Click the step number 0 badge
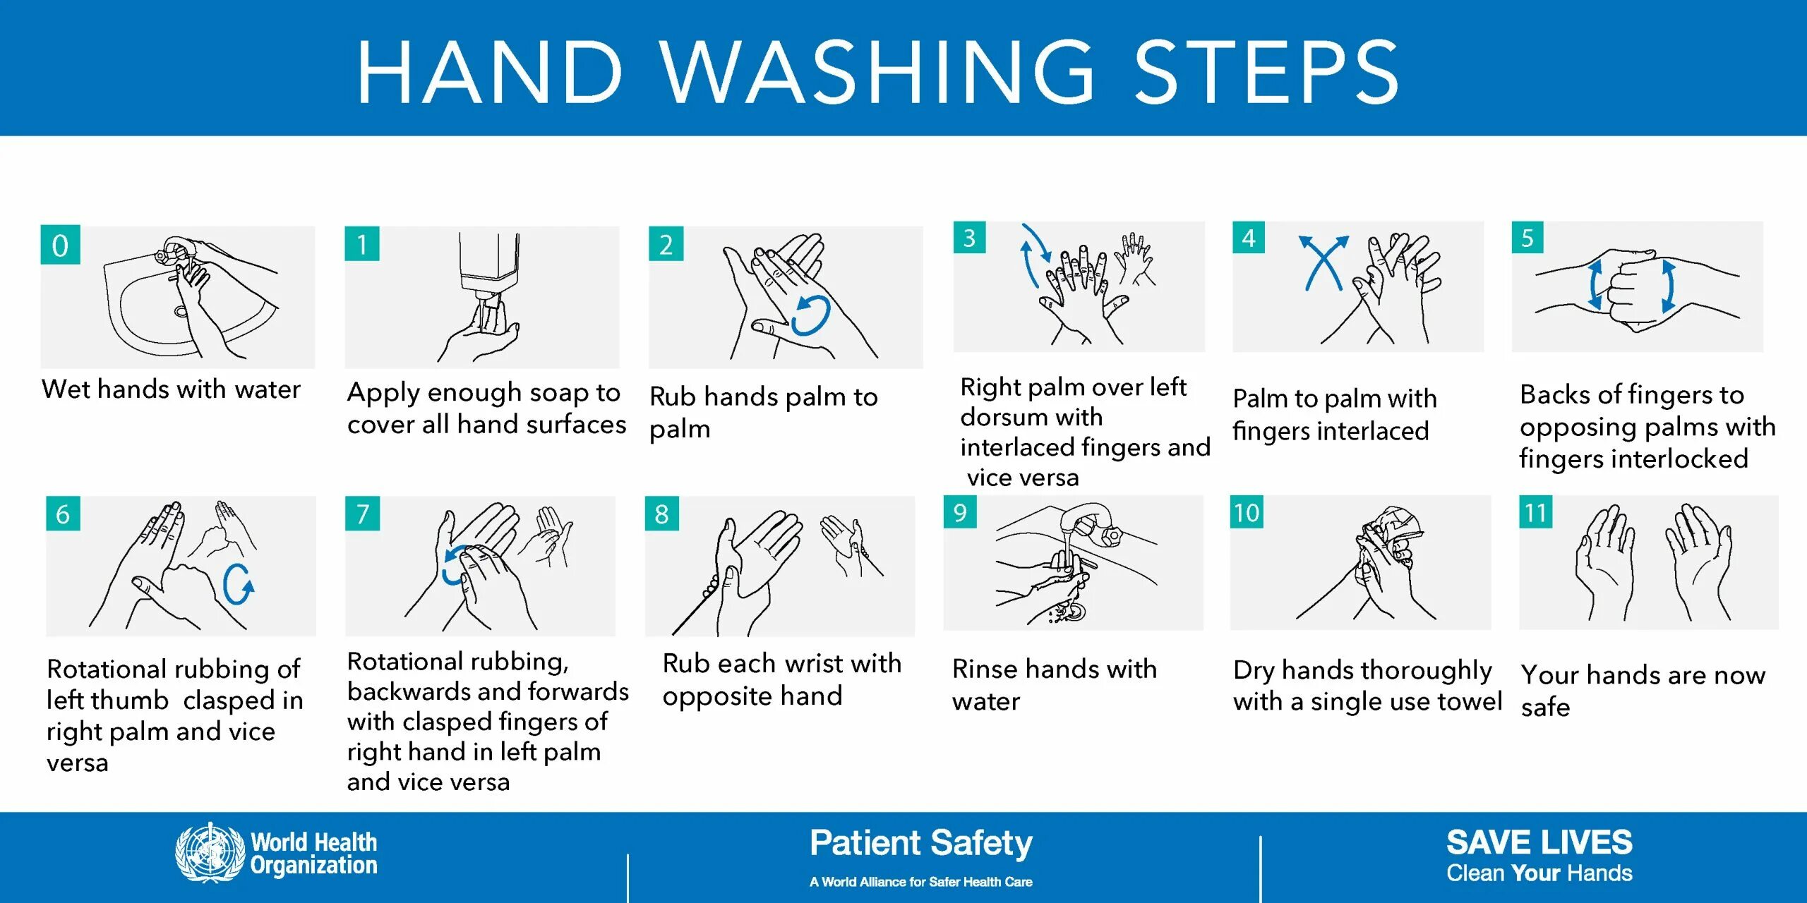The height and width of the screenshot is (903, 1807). (60, 245)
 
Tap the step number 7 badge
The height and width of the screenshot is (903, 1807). (363, 514)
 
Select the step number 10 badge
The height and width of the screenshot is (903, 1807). (1247, 512)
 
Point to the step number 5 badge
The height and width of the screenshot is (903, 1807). (1527, 238)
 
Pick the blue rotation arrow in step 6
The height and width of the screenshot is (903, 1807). (239, 584)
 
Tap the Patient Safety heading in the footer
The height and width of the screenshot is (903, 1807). (921, 844)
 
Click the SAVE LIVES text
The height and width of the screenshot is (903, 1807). (1539, 842)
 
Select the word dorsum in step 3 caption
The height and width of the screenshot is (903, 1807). (1031, 417)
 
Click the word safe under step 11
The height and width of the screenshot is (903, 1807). (1545, 706)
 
